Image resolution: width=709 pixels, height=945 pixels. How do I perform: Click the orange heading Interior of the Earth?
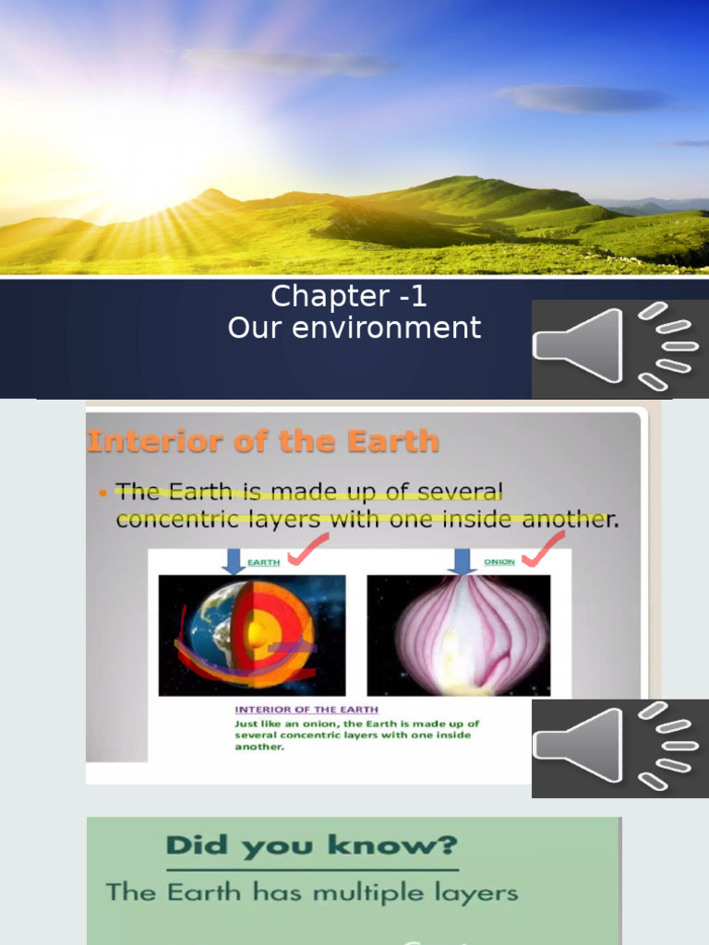(262, 441)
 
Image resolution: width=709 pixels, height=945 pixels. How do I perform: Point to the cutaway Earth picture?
(252, 634)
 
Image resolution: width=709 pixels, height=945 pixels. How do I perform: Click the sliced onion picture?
(459, 634)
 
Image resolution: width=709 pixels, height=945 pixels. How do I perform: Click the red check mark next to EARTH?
(307, 550)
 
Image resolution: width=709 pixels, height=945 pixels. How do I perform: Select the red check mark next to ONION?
(544, 550)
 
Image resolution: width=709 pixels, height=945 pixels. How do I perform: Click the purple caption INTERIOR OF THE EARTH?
(306, 710)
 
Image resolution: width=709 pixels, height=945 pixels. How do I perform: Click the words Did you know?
(312, 846)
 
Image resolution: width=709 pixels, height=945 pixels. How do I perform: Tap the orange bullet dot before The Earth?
(103, 494)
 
